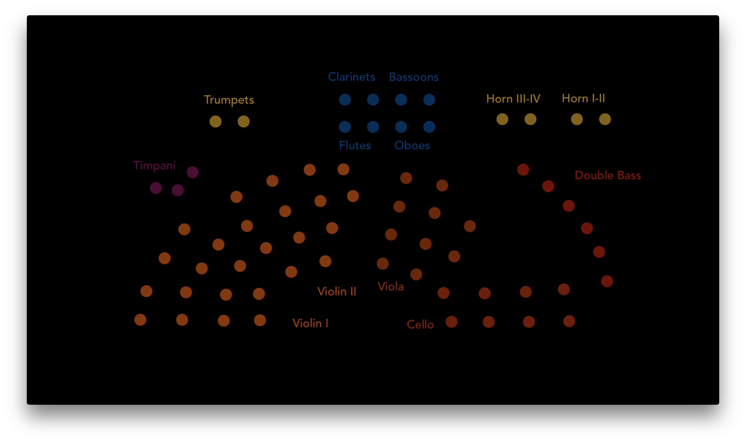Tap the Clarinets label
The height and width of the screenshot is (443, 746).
click(x=351, y=77)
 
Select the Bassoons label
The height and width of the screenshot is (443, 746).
click(x=414, y=77)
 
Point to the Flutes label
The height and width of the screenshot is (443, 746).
click(x=355, y=145)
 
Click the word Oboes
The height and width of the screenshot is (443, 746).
click(x=412, y=145)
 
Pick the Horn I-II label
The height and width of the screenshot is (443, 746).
click(x=583, y=98)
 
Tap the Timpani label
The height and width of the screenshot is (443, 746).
click(x=154, y=166)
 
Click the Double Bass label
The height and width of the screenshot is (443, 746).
click(x=608, y=175)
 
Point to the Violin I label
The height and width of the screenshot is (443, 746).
click(x=310, y=323)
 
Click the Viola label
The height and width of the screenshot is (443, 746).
click(x=391, y=287)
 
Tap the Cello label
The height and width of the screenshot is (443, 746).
click(x=420, y=324)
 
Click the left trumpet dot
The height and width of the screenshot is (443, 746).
click(x=216, y=121)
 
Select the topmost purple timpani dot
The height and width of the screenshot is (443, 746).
click(x=193, y=172)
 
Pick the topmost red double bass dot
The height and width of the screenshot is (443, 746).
click(x=523, y=170)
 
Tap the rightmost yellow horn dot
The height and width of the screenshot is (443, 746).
click(x=605, y=119)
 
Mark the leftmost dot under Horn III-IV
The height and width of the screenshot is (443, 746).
click(x=502, y=119)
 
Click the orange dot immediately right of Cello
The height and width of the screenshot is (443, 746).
click(x=451, y=322)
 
